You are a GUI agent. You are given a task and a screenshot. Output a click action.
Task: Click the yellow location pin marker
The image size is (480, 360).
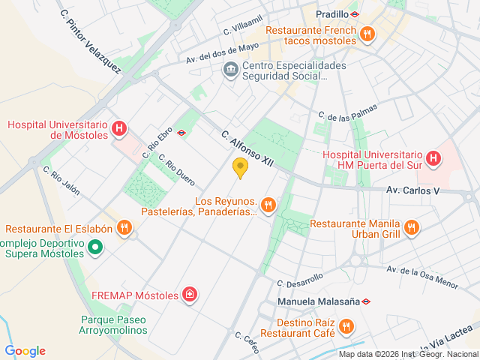point(240,168)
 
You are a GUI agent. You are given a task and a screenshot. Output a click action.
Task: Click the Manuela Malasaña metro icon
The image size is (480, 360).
point(366,302)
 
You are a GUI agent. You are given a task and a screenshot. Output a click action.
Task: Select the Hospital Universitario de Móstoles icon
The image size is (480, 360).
point(118,129)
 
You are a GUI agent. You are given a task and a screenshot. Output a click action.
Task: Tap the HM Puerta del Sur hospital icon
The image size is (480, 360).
point(432,158)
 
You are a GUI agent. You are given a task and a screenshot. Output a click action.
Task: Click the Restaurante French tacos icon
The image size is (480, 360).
point(367,33)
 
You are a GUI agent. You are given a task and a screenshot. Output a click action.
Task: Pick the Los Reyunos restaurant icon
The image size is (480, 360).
point(268,204)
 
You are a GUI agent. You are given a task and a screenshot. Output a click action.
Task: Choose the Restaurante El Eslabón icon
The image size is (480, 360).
point(125,226)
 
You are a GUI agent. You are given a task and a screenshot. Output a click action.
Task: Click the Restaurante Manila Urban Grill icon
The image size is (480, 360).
point(411,226)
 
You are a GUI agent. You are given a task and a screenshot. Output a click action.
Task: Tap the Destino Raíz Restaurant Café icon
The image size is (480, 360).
point(346,326)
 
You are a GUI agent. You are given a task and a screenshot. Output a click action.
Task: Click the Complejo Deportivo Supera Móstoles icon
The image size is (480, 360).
point(95,246)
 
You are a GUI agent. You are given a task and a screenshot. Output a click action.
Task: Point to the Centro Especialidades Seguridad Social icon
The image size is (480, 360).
point(230,70)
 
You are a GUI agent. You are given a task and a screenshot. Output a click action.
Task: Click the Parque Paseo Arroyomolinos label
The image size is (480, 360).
point(113,325)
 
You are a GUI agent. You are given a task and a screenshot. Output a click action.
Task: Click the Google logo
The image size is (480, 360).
point(25,351)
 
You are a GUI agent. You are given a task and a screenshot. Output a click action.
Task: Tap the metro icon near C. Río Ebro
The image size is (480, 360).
point(181,133)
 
